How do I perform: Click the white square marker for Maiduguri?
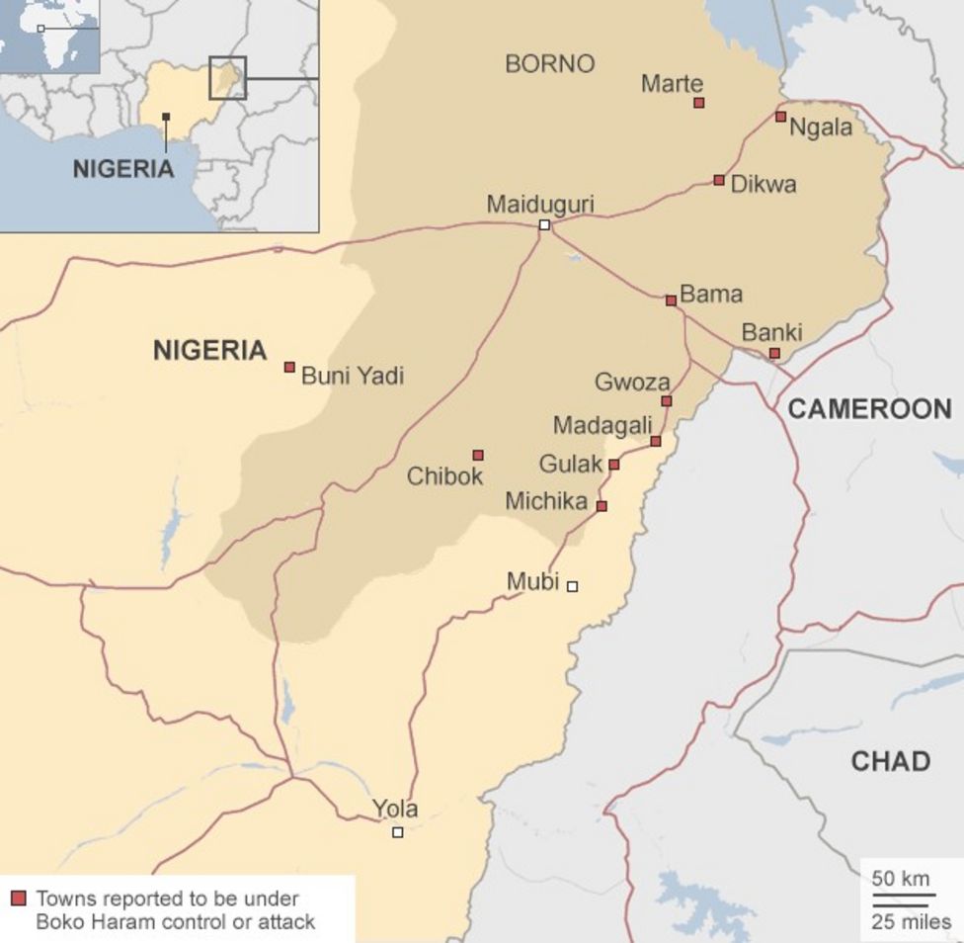[544, 225]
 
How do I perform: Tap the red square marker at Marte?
[699, 103]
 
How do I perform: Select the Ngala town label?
[821, 128]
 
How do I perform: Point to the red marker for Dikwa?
[719, 181]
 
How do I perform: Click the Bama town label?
[711, 294]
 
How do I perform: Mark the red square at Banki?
[774, 353]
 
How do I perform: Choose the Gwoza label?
[632, 382]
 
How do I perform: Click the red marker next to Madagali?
[656, 441]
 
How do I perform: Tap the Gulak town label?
[570, 464]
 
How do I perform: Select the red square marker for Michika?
[602, 506]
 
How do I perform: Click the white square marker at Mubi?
[572, 586]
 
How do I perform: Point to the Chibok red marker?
[478, 456]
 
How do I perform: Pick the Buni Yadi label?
[352, 376]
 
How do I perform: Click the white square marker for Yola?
[398, 832]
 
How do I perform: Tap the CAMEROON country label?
[869, 408]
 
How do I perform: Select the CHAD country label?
[890, 761]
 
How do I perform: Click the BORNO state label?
[549, 64]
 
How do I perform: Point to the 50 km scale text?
[900, 879]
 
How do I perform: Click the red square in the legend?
[19, 899]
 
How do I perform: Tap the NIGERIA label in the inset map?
[122, 168]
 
